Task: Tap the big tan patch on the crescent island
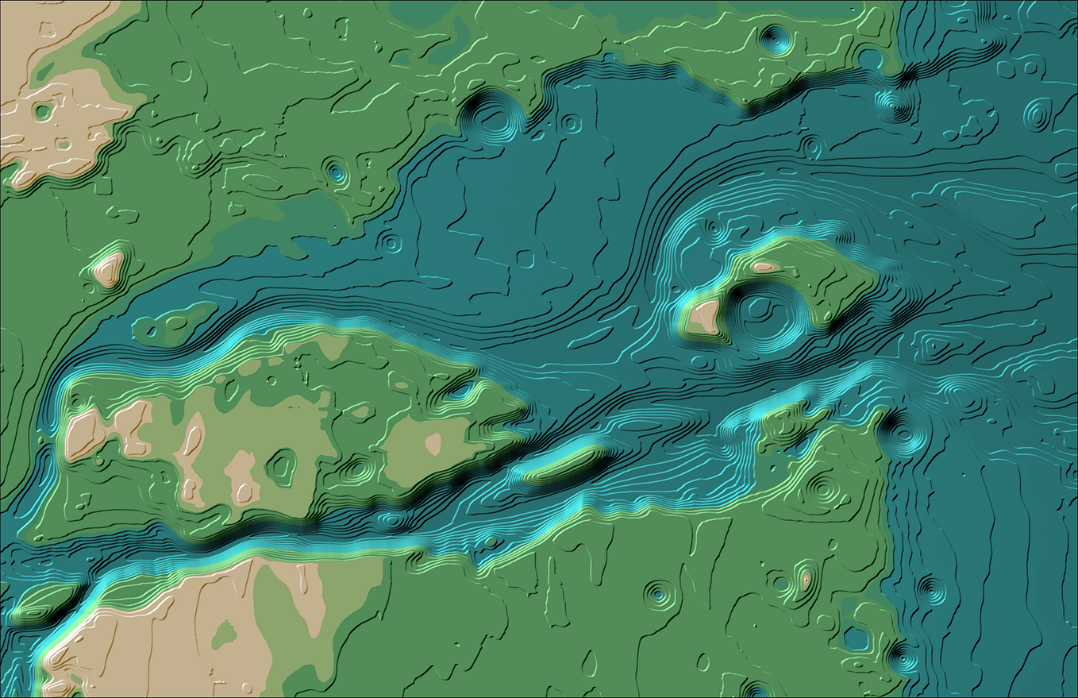(703, 316)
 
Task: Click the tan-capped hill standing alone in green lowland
(108, 268)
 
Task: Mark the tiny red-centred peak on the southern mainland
(806, 579)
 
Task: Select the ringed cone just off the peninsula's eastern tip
(893, 104)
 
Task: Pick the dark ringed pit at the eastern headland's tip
(902, 434)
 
